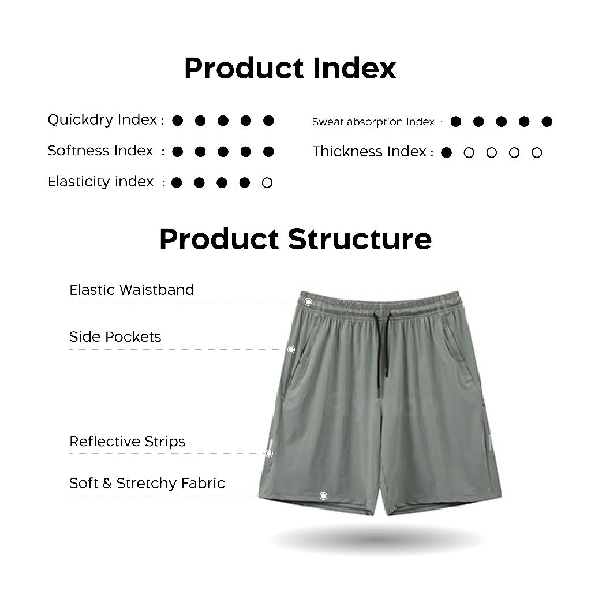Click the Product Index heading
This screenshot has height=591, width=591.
coord(290,69)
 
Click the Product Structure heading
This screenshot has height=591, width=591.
coord(295,240)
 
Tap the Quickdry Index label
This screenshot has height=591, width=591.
coord(102,120)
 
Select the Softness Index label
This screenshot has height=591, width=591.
coord(100,151)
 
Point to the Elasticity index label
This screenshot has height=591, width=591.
coord(100,182)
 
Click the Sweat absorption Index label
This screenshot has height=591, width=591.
coord(373,122)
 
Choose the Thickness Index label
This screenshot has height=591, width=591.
coord(369,152)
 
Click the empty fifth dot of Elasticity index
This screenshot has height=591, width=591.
coord(267,183)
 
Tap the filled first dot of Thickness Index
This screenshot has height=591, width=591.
coord(446,152)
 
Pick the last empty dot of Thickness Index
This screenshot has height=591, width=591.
coord(537,152)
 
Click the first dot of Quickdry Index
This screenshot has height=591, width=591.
coord(178,121)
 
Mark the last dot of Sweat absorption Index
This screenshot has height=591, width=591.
coord(547,121)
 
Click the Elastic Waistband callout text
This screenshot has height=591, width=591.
coord(132,290)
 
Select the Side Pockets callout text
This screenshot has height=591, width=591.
coord(115,336)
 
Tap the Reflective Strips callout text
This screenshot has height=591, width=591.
coord(128,442)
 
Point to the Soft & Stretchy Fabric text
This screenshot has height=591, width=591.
coord(147,483)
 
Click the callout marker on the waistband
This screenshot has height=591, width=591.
coord(308,302)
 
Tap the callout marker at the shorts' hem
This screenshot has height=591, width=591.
coord(323,496)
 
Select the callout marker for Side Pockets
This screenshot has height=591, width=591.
coord(291,350)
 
